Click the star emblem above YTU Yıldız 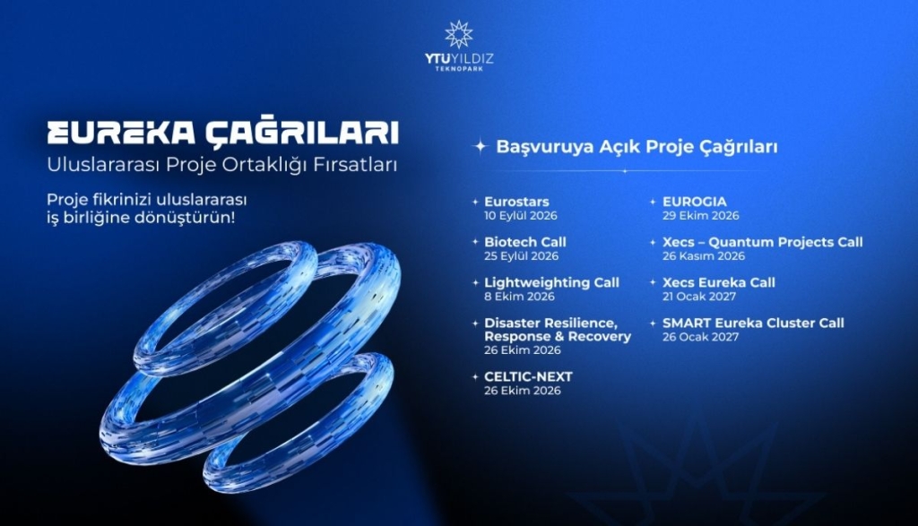click(458, 34)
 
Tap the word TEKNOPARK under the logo click(459, 69)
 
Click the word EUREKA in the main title click(121, 133)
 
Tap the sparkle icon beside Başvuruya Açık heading click(481, 146)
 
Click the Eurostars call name click(516, 202)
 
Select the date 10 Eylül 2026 click(521, 216)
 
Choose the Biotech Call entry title click(525, 242)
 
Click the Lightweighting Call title click(551, 282)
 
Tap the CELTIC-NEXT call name click(528, 376)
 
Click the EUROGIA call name click(695, 202)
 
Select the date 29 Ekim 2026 click(701, 216)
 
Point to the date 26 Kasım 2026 click(704, 256)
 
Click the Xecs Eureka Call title click(719, 282)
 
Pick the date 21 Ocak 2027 click(699, 297)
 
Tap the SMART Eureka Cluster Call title click(753, 323)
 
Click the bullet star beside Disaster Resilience click(475, 323)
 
